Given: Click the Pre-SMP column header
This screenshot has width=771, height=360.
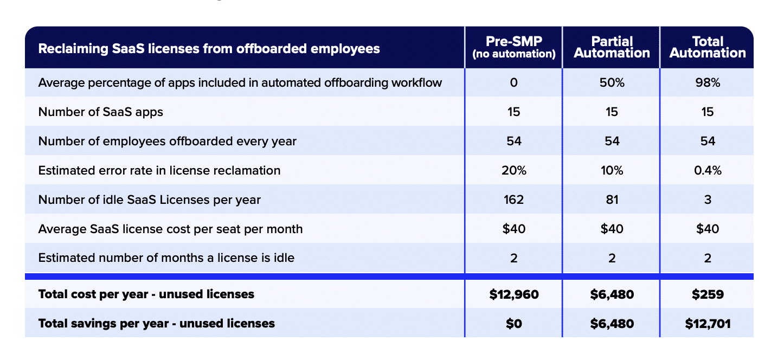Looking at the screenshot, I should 513,47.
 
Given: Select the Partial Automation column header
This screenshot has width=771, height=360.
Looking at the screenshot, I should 612,47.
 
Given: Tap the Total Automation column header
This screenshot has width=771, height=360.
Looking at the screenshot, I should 708,47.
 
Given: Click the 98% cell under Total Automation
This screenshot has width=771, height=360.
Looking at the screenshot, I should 708,83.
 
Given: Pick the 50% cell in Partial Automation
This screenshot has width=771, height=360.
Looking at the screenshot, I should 612,83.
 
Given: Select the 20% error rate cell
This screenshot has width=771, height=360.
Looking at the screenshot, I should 513,171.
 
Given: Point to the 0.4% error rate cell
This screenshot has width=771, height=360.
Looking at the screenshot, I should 708,171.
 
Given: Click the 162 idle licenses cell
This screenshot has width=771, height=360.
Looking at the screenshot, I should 513,200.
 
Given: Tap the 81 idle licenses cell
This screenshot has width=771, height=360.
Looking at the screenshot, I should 612,200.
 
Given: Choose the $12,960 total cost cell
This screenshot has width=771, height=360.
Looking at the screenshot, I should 513,294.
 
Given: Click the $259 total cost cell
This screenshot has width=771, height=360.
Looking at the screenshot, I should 708,294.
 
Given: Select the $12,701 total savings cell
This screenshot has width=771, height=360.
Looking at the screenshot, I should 708,324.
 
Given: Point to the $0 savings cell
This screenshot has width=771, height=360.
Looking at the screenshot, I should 513,324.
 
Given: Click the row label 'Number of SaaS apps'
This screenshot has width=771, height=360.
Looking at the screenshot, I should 100,112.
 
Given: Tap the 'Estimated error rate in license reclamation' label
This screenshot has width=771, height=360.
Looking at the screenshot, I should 159,171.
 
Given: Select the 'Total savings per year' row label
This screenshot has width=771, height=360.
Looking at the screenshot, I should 156,324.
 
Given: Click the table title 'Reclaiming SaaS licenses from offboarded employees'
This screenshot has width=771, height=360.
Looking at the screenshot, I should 209,49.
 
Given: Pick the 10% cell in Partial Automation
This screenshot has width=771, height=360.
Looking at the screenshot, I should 612,171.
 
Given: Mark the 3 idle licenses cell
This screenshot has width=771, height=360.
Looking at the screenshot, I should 708,200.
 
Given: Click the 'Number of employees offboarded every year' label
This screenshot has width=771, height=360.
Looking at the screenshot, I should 167,142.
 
